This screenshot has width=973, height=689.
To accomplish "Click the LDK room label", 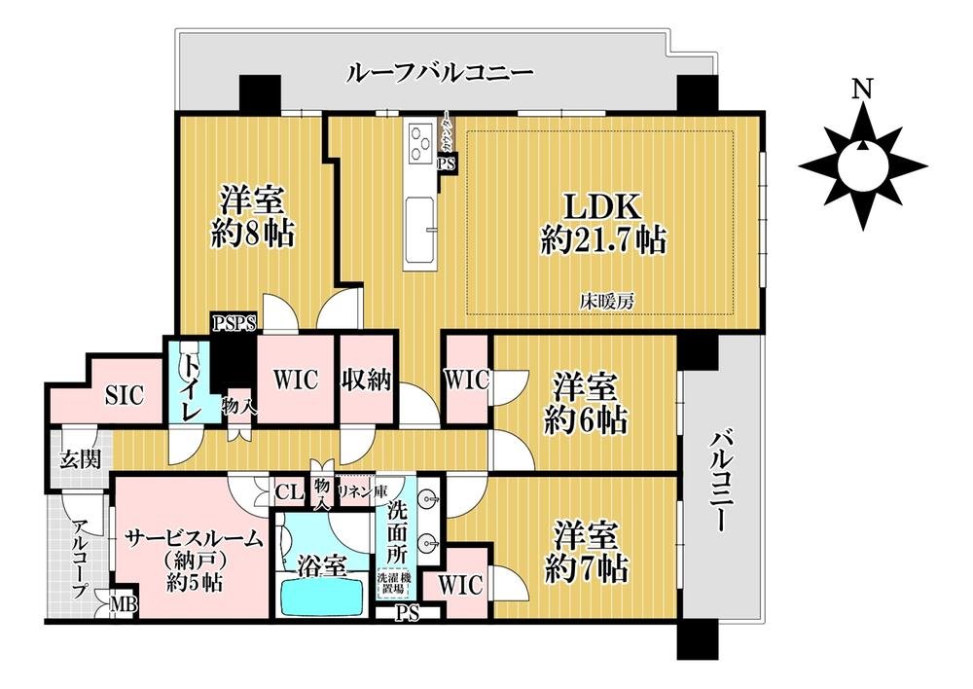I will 603,207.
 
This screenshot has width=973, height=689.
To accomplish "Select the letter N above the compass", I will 860,90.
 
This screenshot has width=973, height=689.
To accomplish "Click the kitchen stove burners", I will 423,143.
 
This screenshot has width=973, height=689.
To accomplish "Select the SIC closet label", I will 124,395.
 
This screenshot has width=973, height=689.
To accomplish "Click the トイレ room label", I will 189,381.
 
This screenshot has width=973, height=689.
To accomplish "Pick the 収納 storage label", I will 366,380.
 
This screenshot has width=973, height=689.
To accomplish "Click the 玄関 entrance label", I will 78,459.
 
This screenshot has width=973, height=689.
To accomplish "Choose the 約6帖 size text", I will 586,421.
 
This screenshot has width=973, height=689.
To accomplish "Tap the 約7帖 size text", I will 586,567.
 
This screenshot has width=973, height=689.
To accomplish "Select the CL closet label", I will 287,492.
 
